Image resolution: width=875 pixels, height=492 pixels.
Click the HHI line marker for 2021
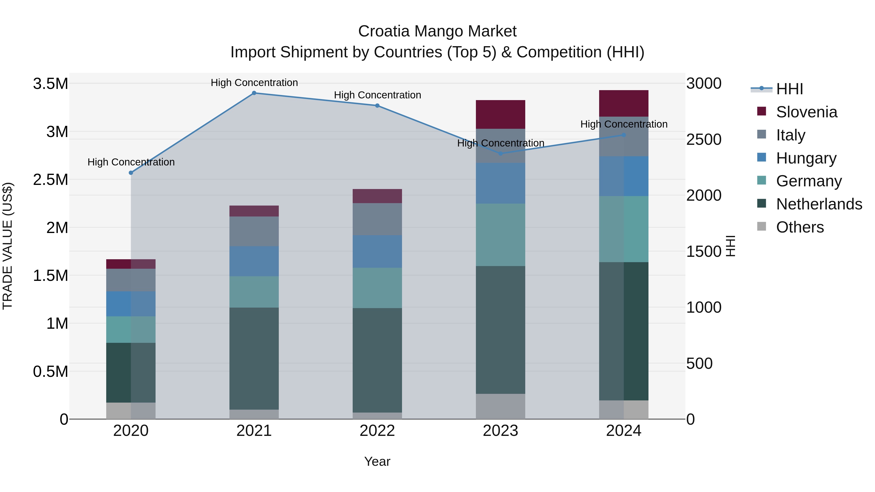point(254,93)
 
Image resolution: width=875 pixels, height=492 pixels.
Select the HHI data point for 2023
point(500,154)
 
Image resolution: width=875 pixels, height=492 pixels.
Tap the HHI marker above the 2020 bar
point(131,173)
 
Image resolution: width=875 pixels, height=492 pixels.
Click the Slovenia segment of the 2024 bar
point(624,104)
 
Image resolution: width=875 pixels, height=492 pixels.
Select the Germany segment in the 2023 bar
point(500,235)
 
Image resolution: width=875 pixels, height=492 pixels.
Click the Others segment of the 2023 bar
point(500,406)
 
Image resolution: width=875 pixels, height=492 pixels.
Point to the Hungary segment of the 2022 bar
point(377,252)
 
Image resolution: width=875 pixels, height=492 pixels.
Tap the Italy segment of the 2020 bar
point(131,280)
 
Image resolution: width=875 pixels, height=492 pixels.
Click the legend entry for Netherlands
point(819,204)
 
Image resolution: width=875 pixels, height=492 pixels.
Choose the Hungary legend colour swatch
point(761,157)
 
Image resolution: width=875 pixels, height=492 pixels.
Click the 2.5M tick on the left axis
point(50,180)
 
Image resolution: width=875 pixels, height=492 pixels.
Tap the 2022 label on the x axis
point(377,431)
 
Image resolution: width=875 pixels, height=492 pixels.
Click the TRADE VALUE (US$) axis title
point(8,246)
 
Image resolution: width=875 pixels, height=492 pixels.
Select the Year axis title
point(377,461)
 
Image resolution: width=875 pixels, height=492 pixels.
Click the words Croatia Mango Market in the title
point(437,31)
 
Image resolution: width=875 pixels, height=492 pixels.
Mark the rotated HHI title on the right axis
point(730,246)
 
